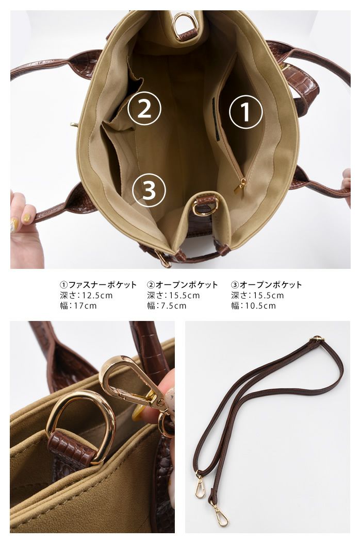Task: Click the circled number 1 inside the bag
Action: [x=245, y=112]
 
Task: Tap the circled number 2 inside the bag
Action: [x=144, y=108]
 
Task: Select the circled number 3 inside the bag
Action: [x=149, y=190]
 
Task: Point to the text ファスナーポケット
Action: [x=103, y=285]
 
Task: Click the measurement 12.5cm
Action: [x=95, y=296]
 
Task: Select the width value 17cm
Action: [x=85, y=306]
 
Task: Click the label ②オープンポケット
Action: [x=183, y=285]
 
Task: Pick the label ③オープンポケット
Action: [x=267, y=285]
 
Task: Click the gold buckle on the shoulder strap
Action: [x=317, y=339]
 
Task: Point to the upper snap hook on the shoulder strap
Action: [x=200, y=485]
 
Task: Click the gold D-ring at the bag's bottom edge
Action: [x=204, y=207]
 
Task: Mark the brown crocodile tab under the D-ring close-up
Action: [x=71, y=447]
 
